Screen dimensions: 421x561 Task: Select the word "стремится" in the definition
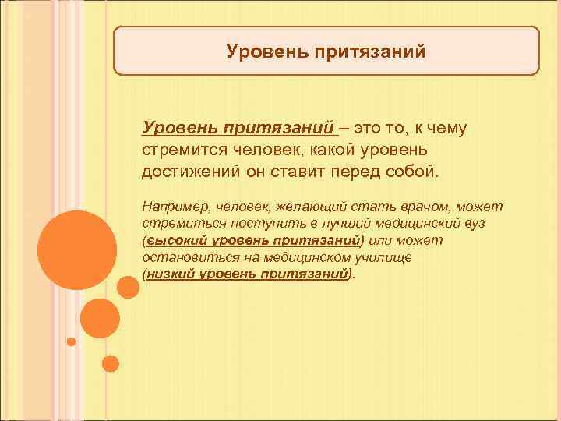(178, 149)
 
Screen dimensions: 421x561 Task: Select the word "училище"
(387, 257)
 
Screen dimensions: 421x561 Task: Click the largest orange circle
(76, 248)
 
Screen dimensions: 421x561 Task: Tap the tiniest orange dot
(71, 341)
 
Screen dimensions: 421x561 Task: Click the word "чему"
(446, 128)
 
